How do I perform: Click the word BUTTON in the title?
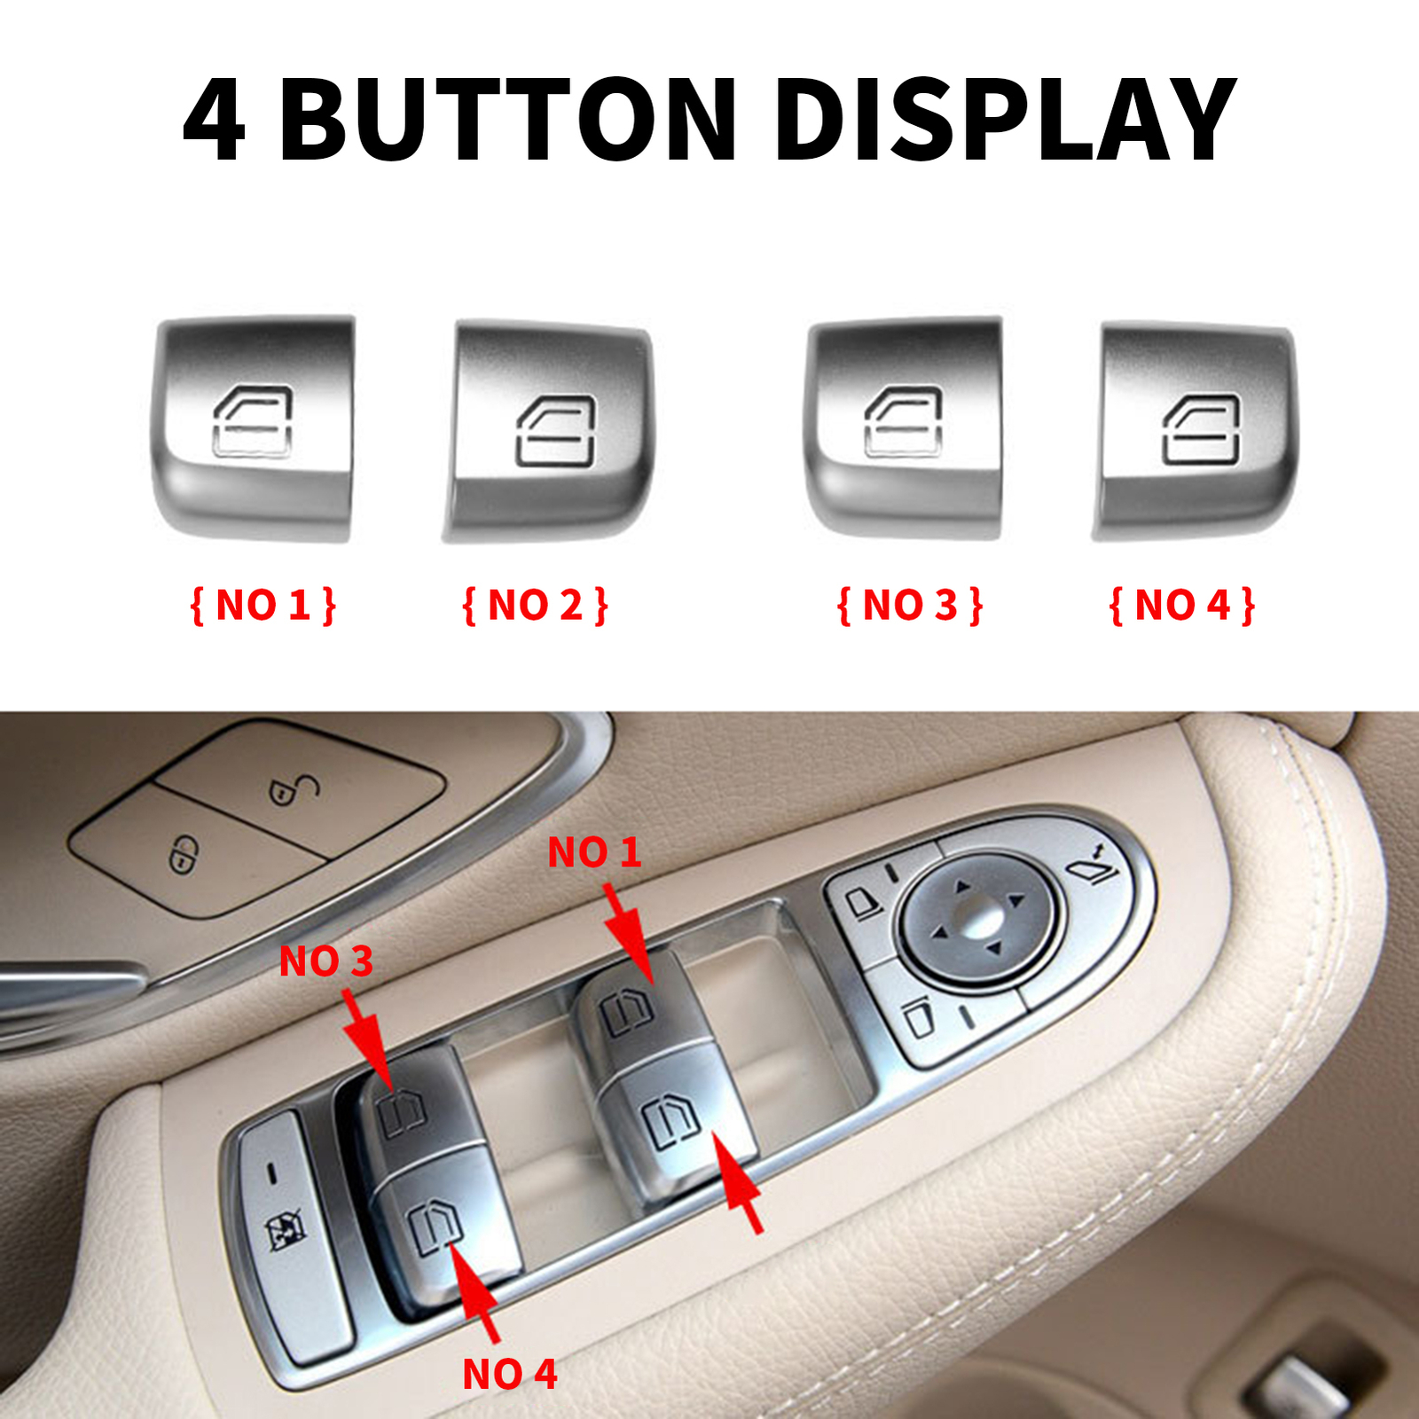(507, 120)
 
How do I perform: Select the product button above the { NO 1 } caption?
(255, 428)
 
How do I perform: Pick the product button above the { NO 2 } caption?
(550, 432)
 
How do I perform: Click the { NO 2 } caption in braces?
(535, 606)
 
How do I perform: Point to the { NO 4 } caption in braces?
(1182, 606)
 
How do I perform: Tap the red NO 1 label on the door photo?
(593, 852)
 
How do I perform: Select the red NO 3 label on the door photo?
(325, 961)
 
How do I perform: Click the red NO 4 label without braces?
(510, 1375)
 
